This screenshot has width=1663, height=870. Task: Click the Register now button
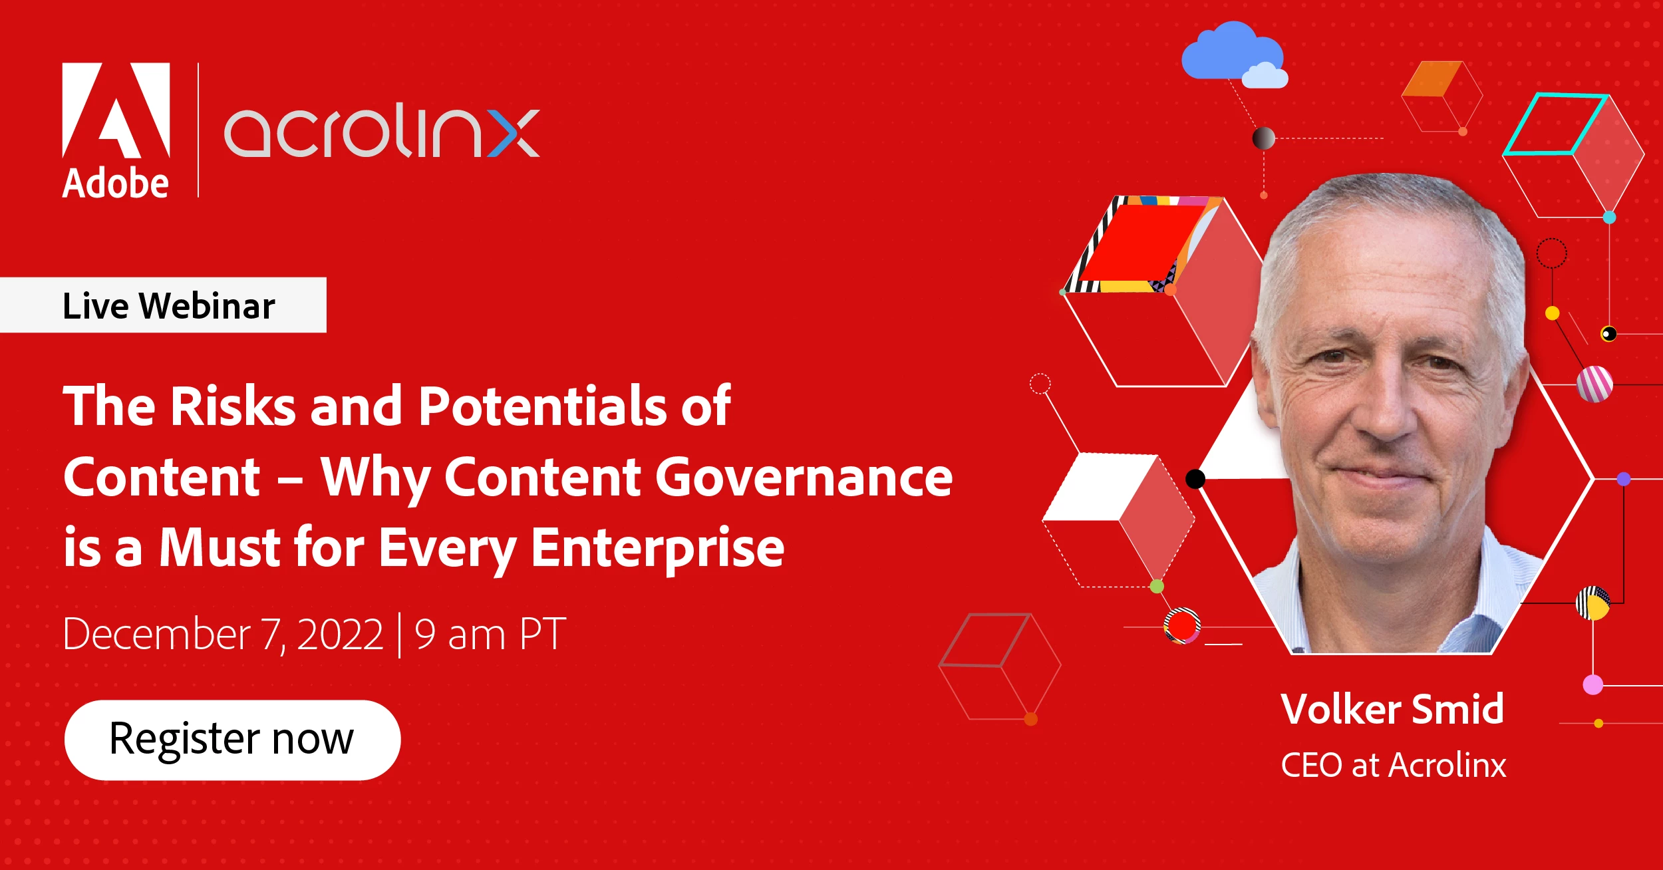point(232,740)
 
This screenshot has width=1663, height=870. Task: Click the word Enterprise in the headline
point(657,549)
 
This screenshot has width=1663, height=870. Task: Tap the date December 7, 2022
point(224,635)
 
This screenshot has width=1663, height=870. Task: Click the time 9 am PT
point(490,635)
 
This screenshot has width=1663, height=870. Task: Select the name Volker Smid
point(1392,709)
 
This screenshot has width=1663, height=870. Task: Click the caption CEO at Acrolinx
point(1394,765)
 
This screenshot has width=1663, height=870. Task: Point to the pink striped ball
point(1595,384)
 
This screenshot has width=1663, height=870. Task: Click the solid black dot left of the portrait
point(1195,479)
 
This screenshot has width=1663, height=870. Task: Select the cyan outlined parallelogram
point(1555,124)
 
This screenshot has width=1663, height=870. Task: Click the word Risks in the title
point(233,406)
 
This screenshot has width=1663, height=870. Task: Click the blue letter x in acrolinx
point(513,133)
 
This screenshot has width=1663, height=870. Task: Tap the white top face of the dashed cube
point(1101,487)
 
